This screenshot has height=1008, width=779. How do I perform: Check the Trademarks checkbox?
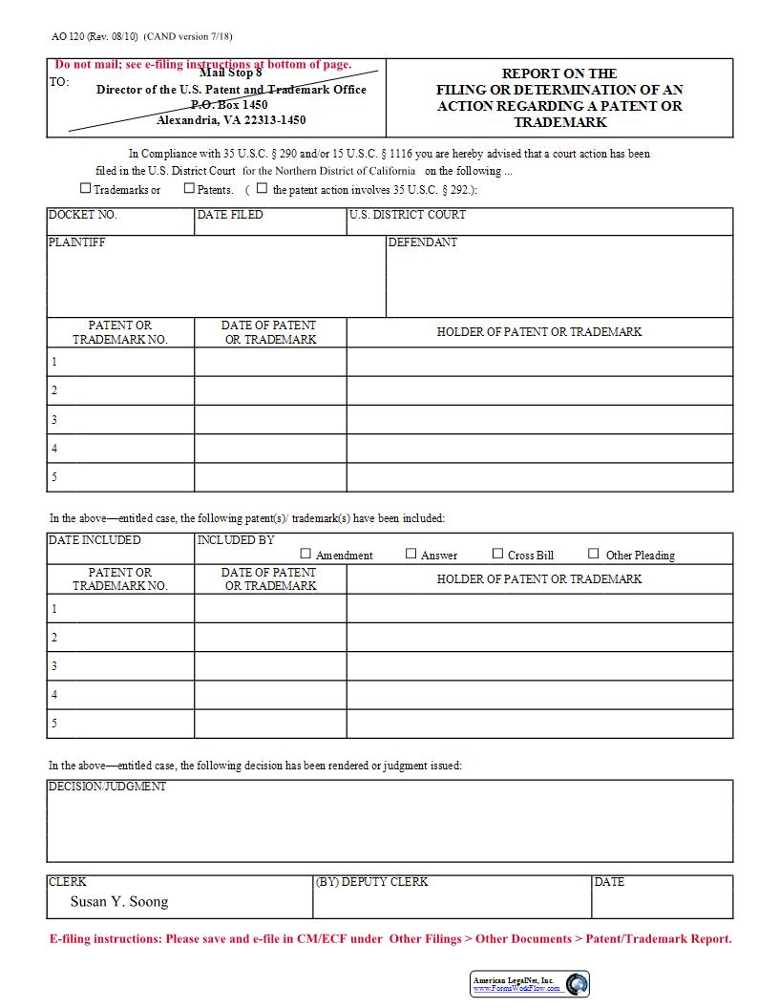[x=86, y=189]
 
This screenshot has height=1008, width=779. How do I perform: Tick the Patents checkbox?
[x=189, y=189]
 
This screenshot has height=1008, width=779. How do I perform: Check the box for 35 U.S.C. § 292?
[x=263, y=189]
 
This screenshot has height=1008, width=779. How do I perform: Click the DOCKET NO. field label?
[x=82, y=215]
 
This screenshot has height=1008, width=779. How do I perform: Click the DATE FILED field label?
[x=229, y=215]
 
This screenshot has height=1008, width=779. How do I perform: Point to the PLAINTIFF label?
[x=76, y=242]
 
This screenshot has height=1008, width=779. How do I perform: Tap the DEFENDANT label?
[x=422, y=242]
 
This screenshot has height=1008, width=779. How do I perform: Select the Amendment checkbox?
[x=306, y=554]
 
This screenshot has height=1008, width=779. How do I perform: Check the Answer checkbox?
[x=411, y=554]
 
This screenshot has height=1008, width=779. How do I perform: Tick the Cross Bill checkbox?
[x=497, y=554]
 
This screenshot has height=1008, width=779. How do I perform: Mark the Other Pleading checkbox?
[x=594, y=554]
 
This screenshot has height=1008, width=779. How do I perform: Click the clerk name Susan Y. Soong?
[x=119, y=901]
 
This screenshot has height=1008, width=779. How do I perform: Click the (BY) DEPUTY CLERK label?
[x=371, y=882]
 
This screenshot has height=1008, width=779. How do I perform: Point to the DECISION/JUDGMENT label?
[x=107, y=787]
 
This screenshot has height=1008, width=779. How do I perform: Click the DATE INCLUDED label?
[x=95, y=540]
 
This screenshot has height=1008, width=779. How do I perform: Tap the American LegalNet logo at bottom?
[x=530, y=984]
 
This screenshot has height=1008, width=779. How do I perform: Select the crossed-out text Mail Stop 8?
[x=230, y=73]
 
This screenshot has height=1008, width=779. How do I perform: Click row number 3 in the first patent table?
[x=54, y=420]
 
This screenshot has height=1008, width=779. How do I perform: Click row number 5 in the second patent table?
[x=54, y=724]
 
